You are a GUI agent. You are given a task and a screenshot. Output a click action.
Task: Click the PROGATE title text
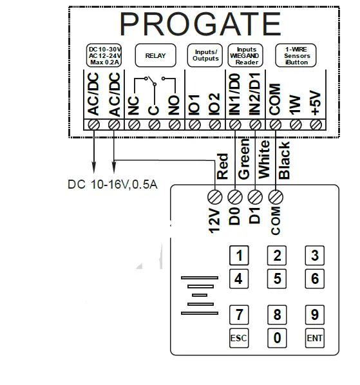tap(200, 24)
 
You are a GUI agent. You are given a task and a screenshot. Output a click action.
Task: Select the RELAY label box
tap(155, 55)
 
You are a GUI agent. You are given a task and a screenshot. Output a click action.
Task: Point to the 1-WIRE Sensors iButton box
tap(297, 55)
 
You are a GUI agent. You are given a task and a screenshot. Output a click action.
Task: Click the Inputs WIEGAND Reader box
tap(247, 55)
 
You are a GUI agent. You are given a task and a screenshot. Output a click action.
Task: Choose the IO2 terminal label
tap(215, 104)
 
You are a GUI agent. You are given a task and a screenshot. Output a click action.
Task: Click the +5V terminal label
tap(316, 102)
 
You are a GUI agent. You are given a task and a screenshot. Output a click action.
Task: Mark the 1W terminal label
tap(296, 105)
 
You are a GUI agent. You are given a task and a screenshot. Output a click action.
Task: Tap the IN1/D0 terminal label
tap(235, 97)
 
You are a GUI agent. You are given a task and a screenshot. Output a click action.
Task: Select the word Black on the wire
tap(284, 160)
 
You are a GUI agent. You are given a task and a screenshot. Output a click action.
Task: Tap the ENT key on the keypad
tap(315, 338)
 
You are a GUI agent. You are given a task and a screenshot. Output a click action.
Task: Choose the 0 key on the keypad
tap(277, 337)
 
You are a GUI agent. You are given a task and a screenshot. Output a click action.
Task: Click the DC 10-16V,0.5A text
tap(113, 184)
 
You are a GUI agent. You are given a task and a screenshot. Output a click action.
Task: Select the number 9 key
tap(315, 315)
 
